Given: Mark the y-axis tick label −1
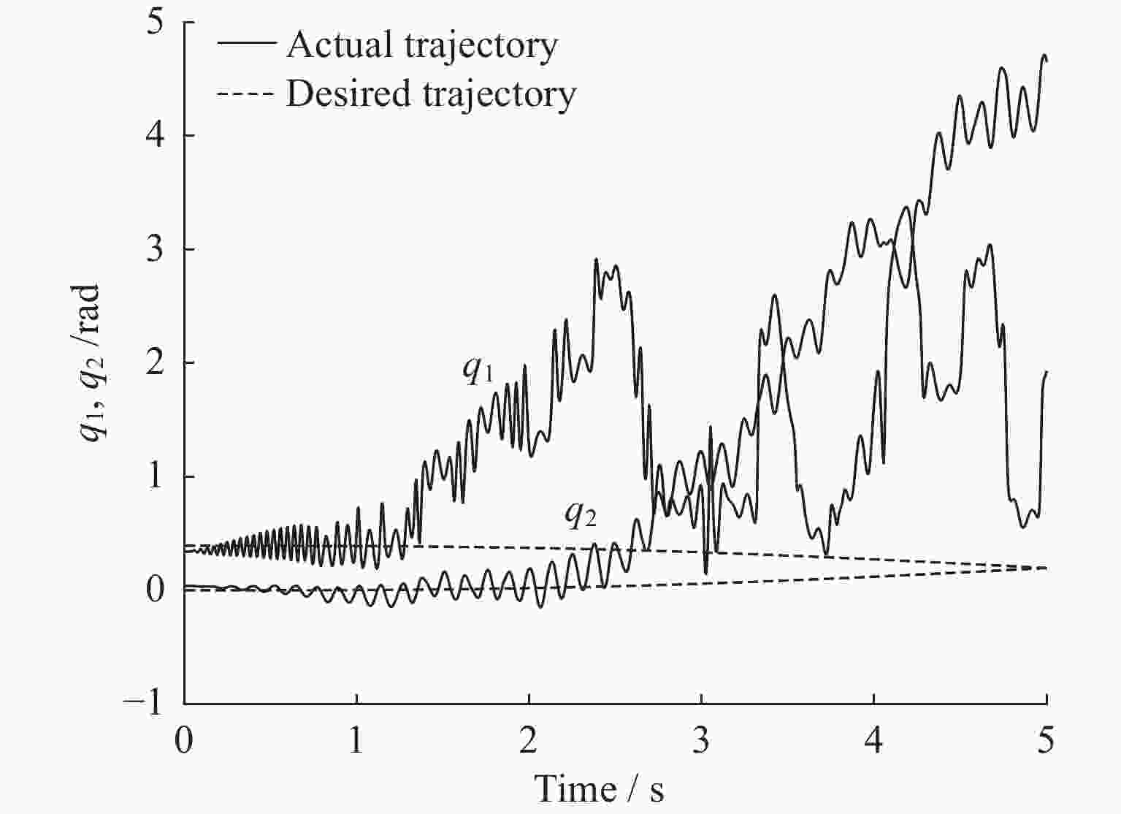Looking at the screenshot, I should tap(146, 704).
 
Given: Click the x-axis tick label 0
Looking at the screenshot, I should tap(184, 741).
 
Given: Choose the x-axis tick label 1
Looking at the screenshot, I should tap(356, 741).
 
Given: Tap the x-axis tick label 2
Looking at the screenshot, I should tap(529, 741).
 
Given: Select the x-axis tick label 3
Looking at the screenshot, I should tap(701, 741).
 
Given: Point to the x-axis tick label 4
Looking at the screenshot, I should tap(874, 741).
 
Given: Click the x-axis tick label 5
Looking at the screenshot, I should tap(1047, 741).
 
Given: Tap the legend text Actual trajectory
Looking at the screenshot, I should tap(422, 45).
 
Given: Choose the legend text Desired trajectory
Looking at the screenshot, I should tap(431, 94).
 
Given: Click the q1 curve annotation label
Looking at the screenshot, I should tap(478, 370).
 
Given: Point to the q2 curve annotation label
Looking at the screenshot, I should tap(581, 514).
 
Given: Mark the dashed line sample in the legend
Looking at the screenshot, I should tap(246, 94).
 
